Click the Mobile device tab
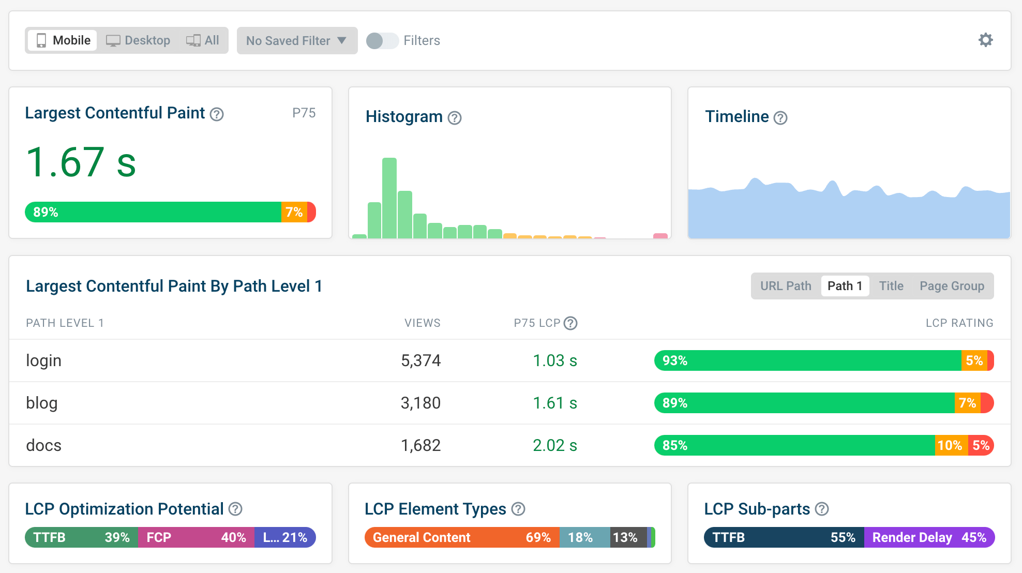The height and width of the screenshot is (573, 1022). point(63,40)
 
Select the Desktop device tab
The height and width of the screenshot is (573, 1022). point(138,40)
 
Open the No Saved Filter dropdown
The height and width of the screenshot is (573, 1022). point(296,40)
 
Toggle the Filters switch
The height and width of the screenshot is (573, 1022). point(382,40)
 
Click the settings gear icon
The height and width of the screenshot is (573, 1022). point(985,40)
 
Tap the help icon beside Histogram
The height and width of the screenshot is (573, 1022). point(455,118)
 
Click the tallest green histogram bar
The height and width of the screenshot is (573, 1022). point(389,198)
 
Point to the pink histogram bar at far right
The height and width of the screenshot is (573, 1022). point(660,236)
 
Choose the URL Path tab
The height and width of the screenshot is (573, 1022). point(786,286)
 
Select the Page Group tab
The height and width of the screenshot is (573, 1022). point(952,286)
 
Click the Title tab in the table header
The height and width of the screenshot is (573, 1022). point(891,286)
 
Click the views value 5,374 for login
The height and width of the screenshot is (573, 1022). point(420,360)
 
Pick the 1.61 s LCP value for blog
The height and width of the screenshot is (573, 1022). point(554,403)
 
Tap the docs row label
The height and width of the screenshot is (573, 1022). point(44,445)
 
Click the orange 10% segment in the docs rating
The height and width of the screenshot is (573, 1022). point(950,445)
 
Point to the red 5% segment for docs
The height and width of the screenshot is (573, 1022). point(981,445)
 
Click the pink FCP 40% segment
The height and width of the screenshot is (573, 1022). point(196,537)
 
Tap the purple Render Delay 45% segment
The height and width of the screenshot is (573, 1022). point(929,537)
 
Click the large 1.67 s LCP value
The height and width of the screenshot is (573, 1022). point(81,162)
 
